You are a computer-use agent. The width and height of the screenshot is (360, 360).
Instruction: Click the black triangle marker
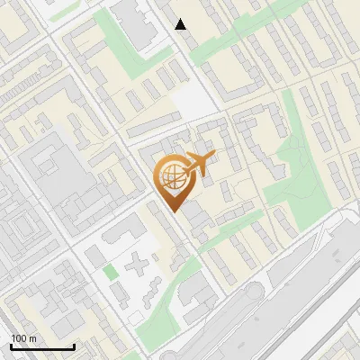[x=181, y=24]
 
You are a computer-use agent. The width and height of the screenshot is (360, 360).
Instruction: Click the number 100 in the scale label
[x=19, y=338]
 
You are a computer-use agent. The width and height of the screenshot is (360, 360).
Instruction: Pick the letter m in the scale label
[x=32, y=338]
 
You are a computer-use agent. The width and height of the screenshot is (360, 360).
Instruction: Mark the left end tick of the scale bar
[x=11, y=346]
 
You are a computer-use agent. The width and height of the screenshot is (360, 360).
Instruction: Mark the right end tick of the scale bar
[x=74, y=346]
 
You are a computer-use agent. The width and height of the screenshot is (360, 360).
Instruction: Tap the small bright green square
[x=110, y=271]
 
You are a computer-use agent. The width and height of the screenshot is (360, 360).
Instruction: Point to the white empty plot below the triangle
[x=191, y=98]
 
